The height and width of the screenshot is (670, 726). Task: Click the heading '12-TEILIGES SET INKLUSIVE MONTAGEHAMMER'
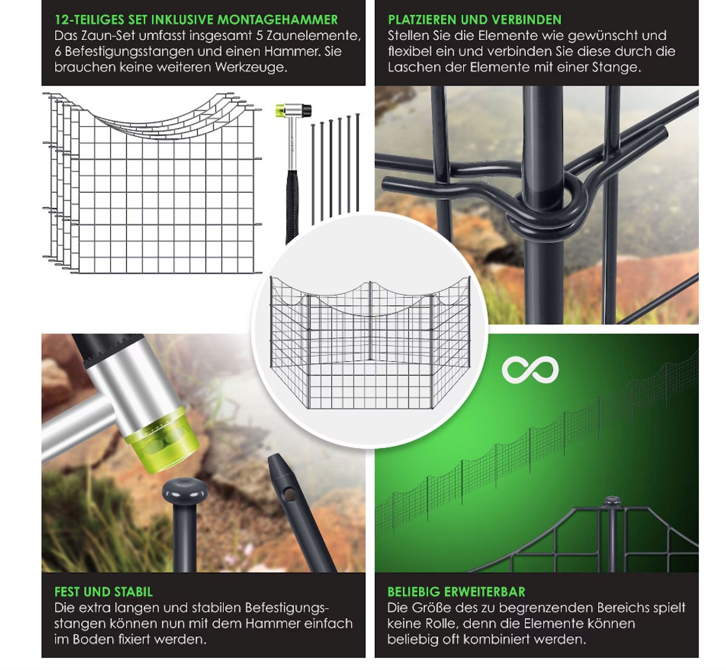pyautogui.click(x=196, y=19)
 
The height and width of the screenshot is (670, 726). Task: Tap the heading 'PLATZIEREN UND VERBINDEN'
pyautogui.click(x=474, y=19)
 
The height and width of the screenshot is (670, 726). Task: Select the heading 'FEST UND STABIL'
pyautogui.click(x=103, y=591)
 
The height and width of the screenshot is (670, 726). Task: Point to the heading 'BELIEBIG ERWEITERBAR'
pyautogui.click(x=456, y=591)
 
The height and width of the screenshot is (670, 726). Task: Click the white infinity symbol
pyautogui.click(x=530, y=370)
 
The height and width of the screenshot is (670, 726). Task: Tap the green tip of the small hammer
pyautogui.click(x=280, y=110)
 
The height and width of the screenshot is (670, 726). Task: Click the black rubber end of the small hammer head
pyautogui.click(x=307, y=110)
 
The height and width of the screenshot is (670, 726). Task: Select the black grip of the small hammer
pyautogui.click(x=292, y=206)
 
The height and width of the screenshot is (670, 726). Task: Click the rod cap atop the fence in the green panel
pyautogui.click(x=612, y=501)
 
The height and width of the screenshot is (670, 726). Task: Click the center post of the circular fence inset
pyautogui.click(x=370, y=320)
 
